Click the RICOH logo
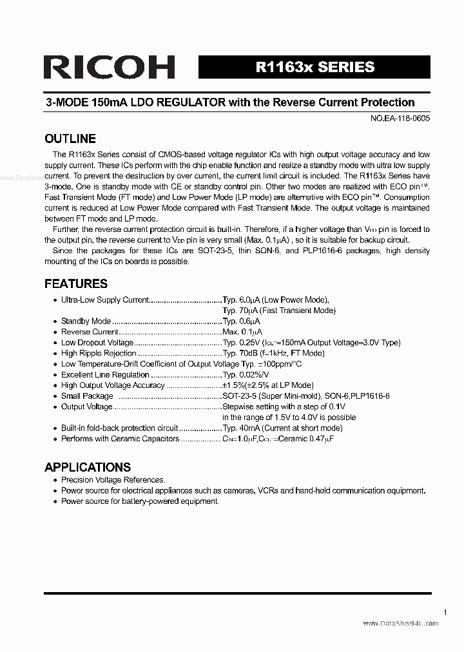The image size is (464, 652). [110, 67]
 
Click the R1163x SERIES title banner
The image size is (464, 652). [314, 67]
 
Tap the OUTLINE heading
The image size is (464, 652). [70, 139]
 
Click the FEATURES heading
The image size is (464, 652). [76, 283]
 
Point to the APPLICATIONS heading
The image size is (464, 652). [88, 467]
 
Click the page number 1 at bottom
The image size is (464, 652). [445, 613]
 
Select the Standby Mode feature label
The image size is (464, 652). [86, 321]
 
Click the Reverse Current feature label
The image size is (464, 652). [90, 332]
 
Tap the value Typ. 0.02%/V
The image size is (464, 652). [246, 374]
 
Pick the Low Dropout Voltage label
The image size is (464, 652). [97, 343]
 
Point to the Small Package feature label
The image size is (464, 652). [87, 396]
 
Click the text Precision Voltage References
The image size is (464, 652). [113, 480]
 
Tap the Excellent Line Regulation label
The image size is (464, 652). [105, 374]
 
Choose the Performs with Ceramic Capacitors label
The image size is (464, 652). [120, 439]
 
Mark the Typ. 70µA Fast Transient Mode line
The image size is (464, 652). [278, 311]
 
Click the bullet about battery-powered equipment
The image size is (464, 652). [140, 501]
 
